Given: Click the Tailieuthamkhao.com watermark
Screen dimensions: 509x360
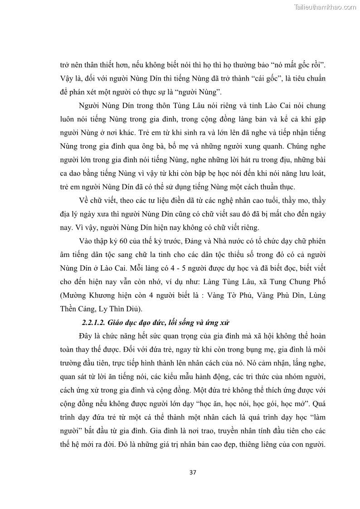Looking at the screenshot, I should [x=325, y=7].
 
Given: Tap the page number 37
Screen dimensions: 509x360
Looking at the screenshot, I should [x=192, y=472].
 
